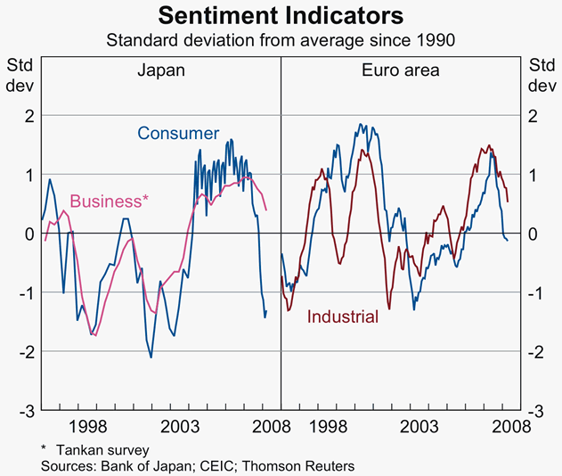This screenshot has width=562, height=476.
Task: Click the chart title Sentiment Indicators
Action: [x=281, y=16]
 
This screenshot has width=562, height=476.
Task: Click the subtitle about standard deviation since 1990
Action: [x=281, y=40]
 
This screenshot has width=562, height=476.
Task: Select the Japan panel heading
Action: [x=160, y=70]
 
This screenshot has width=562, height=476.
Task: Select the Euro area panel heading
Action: [x=401, y=70]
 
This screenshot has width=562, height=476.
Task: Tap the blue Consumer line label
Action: [x=178, y=134]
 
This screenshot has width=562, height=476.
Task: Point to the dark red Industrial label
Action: [x=343, y=316]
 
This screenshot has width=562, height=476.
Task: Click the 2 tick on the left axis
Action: [x=29, y=115]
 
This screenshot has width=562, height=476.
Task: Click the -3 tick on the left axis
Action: [x=26, y=411]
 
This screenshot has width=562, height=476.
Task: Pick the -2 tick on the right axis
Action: [x=535, y=352]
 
